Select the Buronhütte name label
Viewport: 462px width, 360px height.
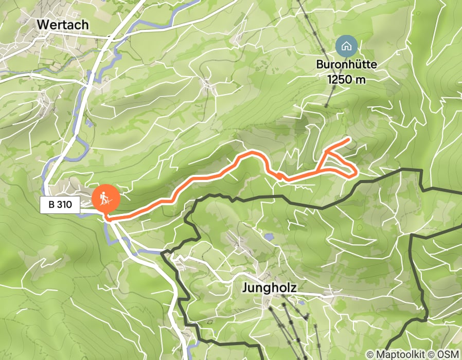[347, 65]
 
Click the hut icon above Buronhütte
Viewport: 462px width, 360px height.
[347, 46]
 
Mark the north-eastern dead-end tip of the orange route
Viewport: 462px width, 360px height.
[349, 139]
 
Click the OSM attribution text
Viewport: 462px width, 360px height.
[447, 354]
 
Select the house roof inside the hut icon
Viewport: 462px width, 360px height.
[347, 44]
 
